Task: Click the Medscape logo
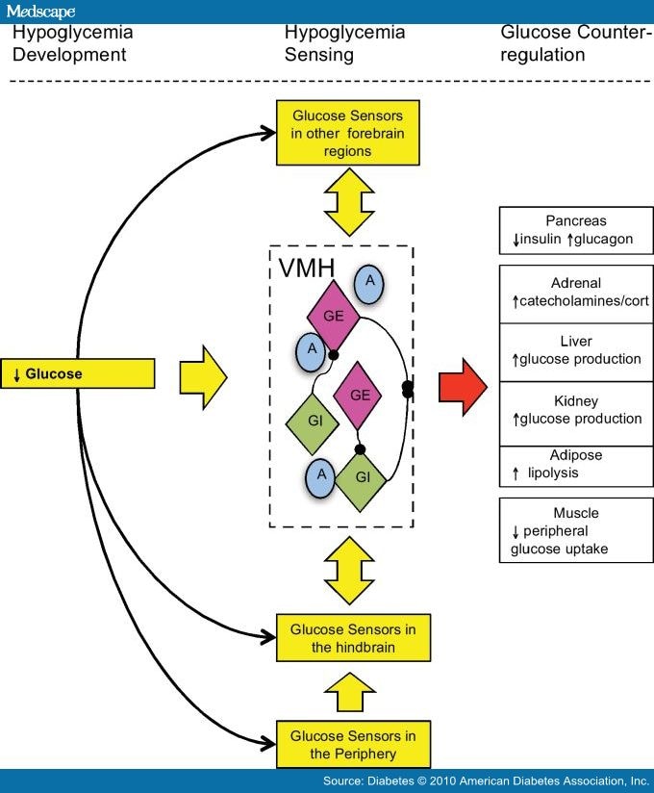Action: point(40,11)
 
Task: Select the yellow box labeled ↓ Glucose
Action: point(78,373)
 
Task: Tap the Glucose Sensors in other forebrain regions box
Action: point(332,133)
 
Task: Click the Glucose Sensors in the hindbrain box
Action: point(353,637)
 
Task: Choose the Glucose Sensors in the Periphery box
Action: point(353,744)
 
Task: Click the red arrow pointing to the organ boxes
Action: point(463,386)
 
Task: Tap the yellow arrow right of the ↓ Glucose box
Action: point(203,373)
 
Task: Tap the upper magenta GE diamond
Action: point(333,316)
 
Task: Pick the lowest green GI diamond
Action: point(361,477)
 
